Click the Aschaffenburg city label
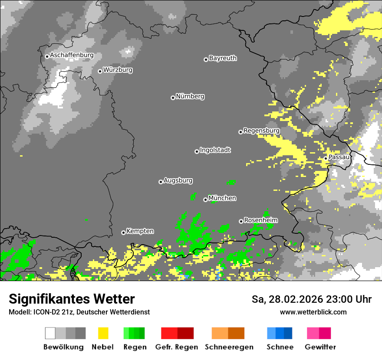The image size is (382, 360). (72, 56)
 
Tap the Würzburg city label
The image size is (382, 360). (118, 70)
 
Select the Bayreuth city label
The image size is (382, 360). (223, 58)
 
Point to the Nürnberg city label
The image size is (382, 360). (190, 97)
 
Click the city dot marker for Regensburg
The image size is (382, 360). (240, 132)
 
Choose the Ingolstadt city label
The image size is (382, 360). (215, 151)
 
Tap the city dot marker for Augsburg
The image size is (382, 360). (161, 182)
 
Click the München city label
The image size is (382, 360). (222, 198)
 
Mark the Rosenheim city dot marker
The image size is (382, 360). (241, 221)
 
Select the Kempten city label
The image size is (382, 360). (140, 231)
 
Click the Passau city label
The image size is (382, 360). (339, 157)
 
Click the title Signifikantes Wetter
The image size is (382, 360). (72, 299)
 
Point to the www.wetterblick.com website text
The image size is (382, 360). (313, 312)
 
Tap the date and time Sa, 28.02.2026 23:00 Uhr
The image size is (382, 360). (311, 299)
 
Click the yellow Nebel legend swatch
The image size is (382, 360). (103, 333)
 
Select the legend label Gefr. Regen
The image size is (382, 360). (177, 347)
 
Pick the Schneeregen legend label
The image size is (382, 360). (228, 347)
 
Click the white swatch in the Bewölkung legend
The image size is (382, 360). (50, 333)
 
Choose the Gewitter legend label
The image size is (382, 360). (320, 347)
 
